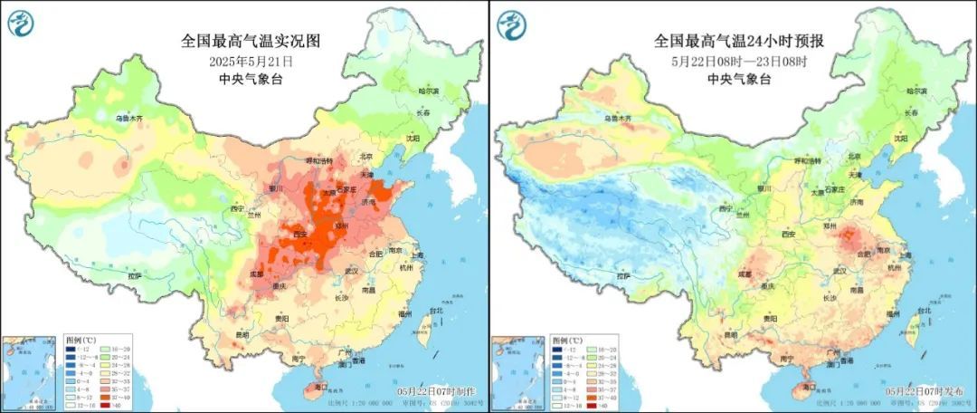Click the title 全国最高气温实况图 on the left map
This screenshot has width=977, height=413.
click(251, 41)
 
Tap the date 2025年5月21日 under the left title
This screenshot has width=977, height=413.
click(251, 61)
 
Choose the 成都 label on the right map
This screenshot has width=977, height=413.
click(745, 273)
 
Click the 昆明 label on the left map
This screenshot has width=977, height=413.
click(240, 336)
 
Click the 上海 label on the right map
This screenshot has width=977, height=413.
click(908, 255)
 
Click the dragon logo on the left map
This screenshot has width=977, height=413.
click(24, 22)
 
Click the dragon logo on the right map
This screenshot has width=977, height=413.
click(513, 22)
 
